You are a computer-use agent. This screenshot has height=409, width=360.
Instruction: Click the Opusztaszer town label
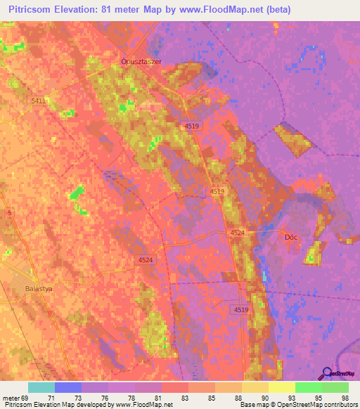point(141,61)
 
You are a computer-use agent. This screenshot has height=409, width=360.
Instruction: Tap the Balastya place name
point(39,288)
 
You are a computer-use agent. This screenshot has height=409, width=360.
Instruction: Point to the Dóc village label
point(291,237)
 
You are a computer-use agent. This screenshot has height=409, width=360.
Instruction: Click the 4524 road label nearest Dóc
point(237,233)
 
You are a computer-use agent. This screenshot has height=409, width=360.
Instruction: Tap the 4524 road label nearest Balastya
point(144,260)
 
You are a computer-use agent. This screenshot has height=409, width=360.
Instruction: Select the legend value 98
point(345,398)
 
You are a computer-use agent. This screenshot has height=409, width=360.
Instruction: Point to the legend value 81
point(160,398)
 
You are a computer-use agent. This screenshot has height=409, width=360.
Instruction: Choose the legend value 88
point(239,398)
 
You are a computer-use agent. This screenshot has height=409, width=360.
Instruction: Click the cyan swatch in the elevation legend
point(41,387)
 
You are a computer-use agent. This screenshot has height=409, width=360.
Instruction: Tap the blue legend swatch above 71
point(68,387)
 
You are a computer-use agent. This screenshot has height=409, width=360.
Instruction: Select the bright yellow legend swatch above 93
point(282,387)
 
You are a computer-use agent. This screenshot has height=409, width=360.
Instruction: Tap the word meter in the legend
point(12,398)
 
